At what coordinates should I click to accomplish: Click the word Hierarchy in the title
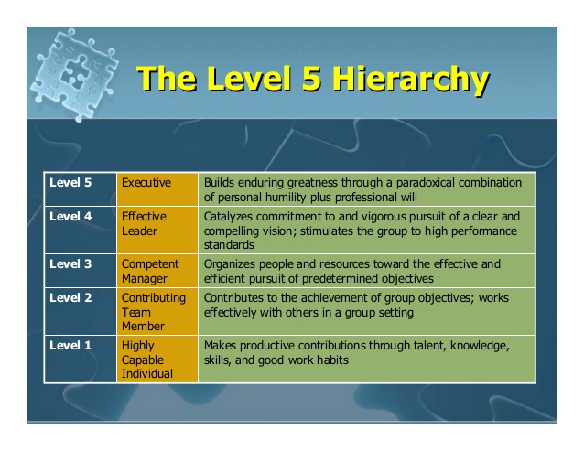(410, 80)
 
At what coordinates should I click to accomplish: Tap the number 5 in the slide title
(310, 78)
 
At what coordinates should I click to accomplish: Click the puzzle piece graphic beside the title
(74, 75)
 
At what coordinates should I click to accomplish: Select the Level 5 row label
(70, 182)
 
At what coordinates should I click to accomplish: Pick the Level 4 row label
(70, 216)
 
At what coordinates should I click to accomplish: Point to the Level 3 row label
(70, 263)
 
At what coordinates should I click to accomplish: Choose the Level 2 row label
(70, 297)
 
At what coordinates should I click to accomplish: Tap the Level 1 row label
(70, 345)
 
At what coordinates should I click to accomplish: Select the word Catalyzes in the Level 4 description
(228, 217)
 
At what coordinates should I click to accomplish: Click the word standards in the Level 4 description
(229, 245)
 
